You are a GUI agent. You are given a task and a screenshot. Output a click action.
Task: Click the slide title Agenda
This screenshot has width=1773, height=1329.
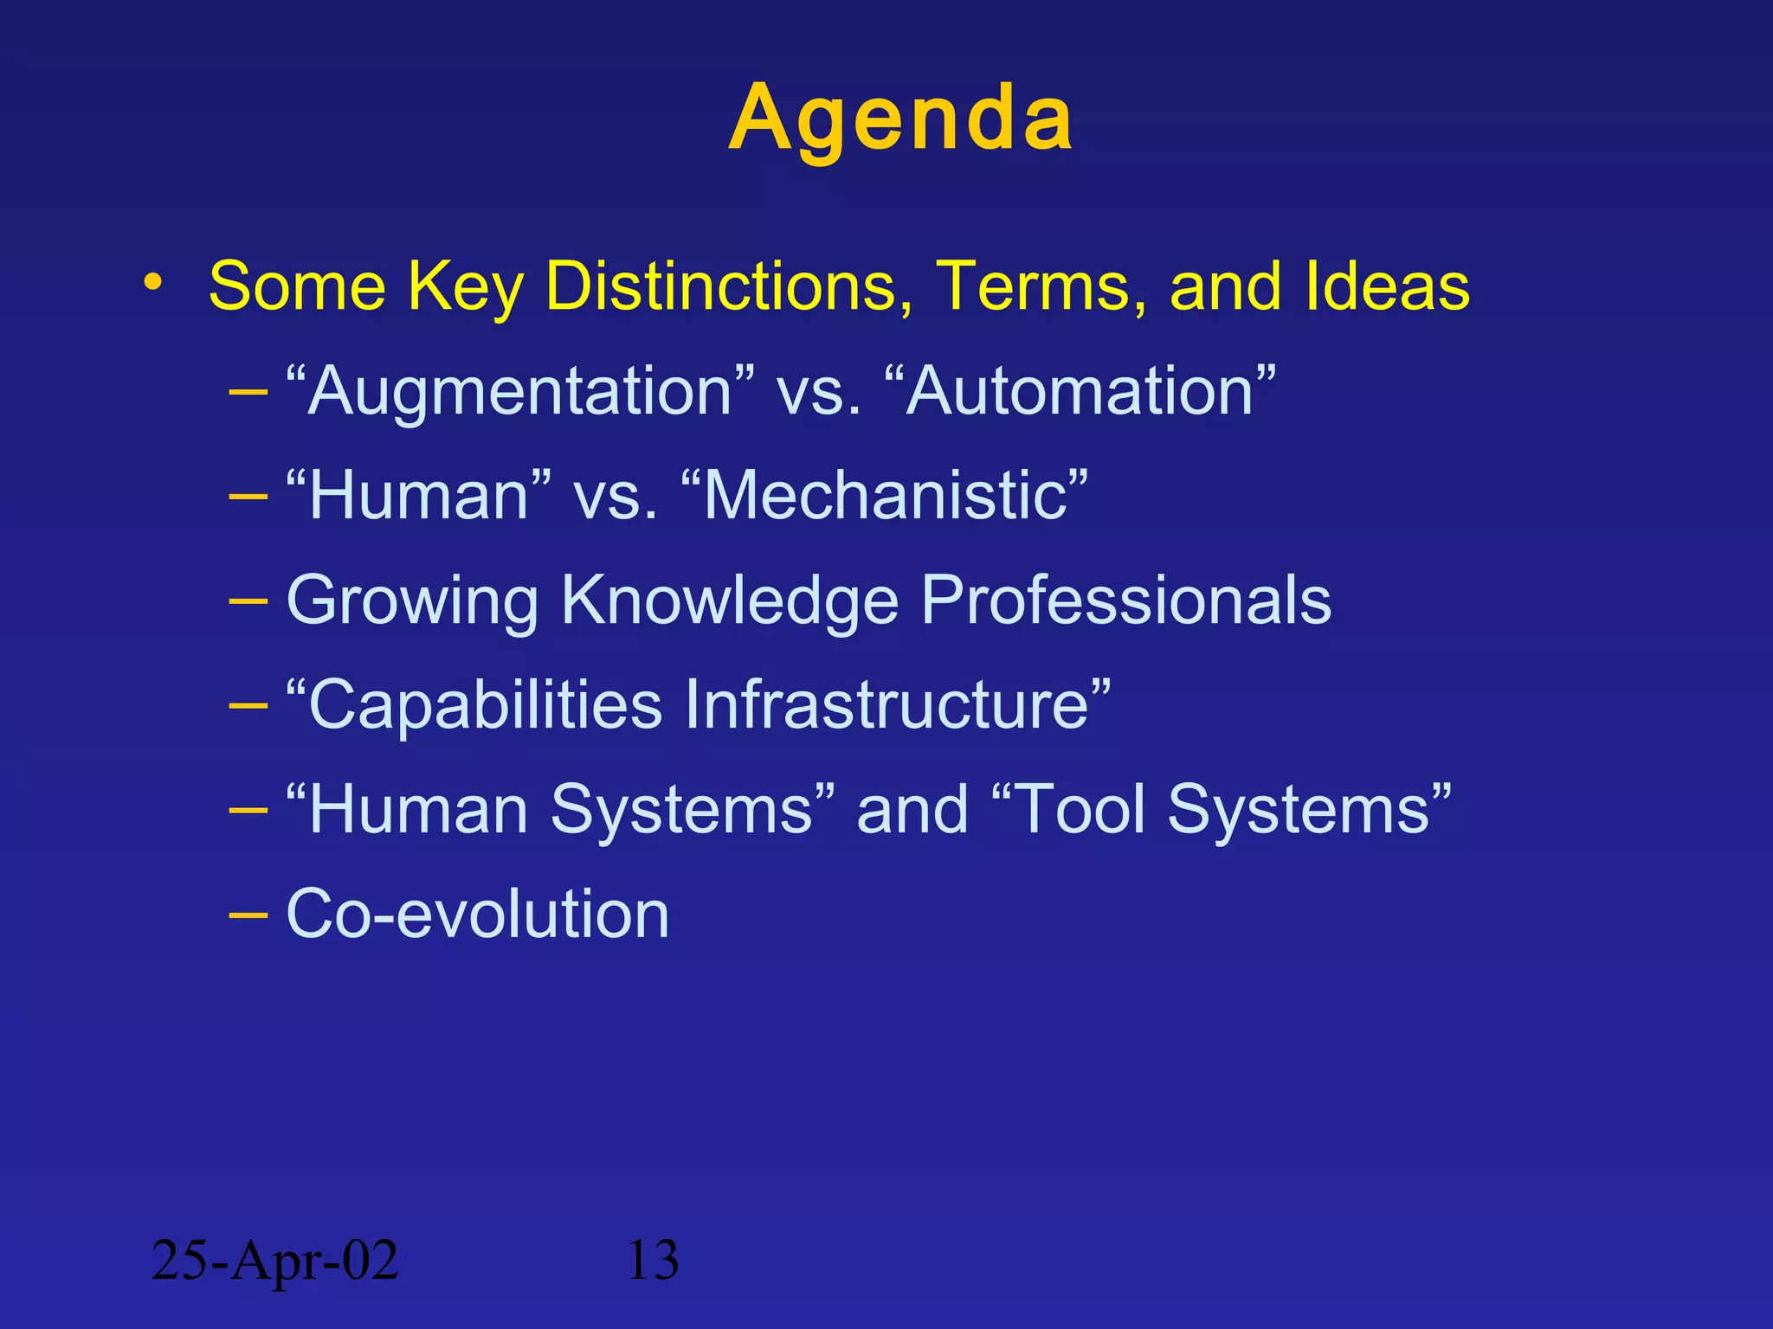(x=900, y=119)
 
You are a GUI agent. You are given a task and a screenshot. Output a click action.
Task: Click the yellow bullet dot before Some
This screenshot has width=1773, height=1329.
(x=153, y=282)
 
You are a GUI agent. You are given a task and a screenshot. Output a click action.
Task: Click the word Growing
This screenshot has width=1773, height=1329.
(x=412, y=601)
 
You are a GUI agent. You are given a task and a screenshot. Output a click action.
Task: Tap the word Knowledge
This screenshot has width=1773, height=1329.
(x=730, y=601)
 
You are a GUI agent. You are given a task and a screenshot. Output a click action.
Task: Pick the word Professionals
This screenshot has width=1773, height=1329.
(x=1125, y=600)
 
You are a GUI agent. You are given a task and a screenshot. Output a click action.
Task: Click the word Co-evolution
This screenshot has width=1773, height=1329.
(x=477, y=914)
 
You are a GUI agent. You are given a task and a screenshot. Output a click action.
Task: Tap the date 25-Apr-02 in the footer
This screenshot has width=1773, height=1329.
(x=274, y=1260)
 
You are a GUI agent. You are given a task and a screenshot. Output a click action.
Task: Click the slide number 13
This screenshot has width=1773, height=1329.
(x=652, y=1260)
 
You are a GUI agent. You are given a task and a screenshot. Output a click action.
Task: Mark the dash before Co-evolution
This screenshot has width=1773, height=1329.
(x=248, y=914)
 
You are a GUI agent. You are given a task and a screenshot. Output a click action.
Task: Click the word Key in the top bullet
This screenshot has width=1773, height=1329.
(x=465, y=286)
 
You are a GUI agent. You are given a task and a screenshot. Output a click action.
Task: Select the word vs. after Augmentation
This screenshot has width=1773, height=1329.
(x=818, y=392)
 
